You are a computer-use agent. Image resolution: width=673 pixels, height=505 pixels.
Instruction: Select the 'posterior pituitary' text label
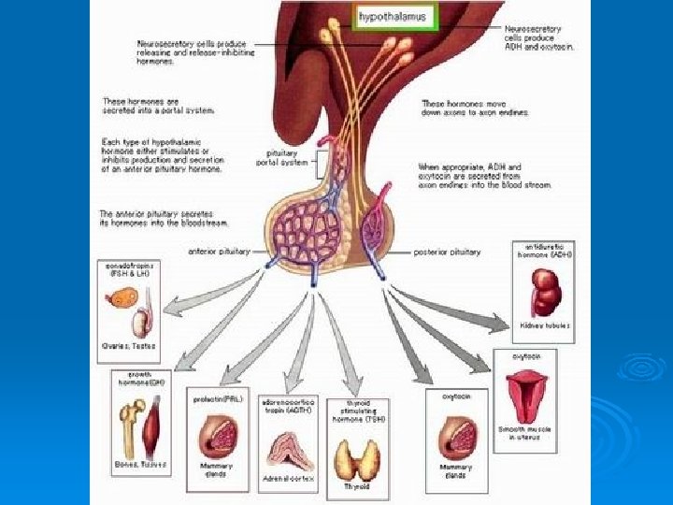coord(451,252)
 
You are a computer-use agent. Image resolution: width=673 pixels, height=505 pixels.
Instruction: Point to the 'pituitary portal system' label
coord(281,156)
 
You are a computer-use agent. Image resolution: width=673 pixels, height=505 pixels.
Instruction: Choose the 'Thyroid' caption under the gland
coord(356,486)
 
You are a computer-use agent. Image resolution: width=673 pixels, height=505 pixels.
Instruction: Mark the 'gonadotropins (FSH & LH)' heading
coord(129,269)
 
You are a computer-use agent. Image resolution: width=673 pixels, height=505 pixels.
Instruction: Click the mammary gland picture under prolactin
coord(216,435)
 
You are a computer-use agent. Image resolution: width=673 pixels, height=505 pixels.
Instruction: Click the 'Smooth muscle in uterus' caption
coord(529,432)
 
